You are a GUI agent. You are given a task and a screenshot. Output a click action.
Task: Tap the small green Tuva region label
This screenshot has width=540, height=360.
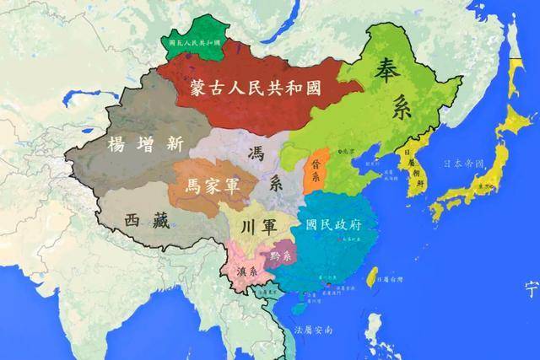(190, 42)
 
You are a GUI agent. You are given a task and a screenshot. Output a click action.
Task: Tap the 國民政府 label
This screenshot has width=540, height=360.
(336, 225)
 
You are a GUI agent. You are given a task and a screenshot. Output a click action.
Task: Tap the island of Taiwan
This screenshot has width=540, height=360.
(371, 278)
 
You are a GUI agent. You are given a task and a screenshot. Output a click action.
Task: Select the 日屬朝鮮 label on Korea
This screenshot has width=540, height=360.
(412, 168)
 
